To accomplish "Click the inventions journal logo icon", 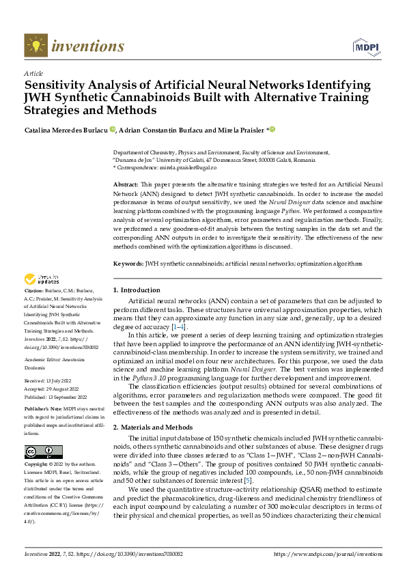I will tap(36, 46).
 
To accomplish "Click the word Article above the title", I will tap(33, 73).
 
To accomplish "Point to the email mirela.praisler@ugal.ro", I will tap(188, 167).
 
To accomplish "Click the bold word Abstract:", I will tap(125, 185).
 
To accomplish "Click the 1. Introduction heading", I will tap(137, 290).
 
